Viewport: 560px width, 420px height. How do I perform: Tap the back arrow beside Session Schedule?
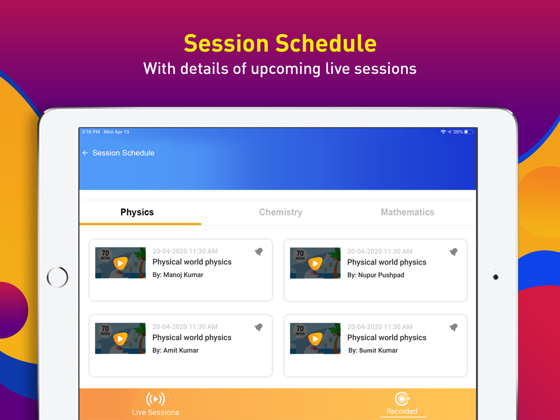[x=85, y=153]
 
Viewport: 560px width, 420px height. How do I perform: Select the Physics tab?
[x=137, y=212]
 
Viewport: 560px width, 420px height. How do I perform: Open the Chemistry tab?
[x=281, y=212]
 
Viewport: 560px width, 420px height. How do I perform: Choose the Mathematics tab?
[x=408, y=212]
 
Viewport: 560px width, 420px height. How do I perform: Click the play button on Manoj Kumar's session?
[x=120, y=264]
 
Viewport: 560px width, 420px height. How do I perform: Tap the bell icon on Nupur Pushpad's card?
[x=454, y=252]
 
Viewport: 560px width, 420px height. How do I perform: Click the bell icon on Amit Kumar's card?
[x=259, y=327]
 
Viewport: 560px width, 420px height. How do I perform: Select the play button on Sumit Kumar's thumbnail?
[x=315, y=339]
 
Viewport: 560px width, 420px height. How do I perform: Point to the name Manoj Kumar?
[x=183, y=274]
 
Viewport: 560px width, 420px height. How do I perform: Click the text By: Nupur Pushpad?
[x=376, y=275]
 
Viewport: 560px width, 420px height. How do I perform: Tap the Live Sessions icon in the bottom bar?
[x=155, y=399]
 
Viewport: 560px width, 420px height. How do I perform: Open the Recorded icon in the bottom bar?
[x=402, y=399]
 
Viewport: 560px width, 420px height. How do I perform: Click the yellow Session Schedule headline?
[x=281, y=43]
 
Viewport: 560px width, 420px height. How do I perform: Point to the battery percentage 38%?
[x=458, y=132]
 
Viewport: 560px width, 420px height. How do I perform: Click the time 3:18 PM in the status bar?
[x=91, y=132]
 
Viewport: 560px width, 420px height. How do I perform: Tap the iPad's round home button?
[x=57, y=277]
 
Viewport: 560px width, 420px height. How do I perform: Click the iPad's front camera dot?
[x=496, y=277]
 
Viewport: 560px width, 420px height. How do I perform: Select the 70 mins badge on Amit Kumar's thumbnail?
[x=105, y=330]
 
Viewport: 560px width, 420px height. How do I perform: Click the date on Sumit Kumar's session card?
[x=380, y=327]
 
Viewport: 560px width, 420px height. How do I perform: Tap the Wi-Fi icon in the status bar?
[x=443, y=132]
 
